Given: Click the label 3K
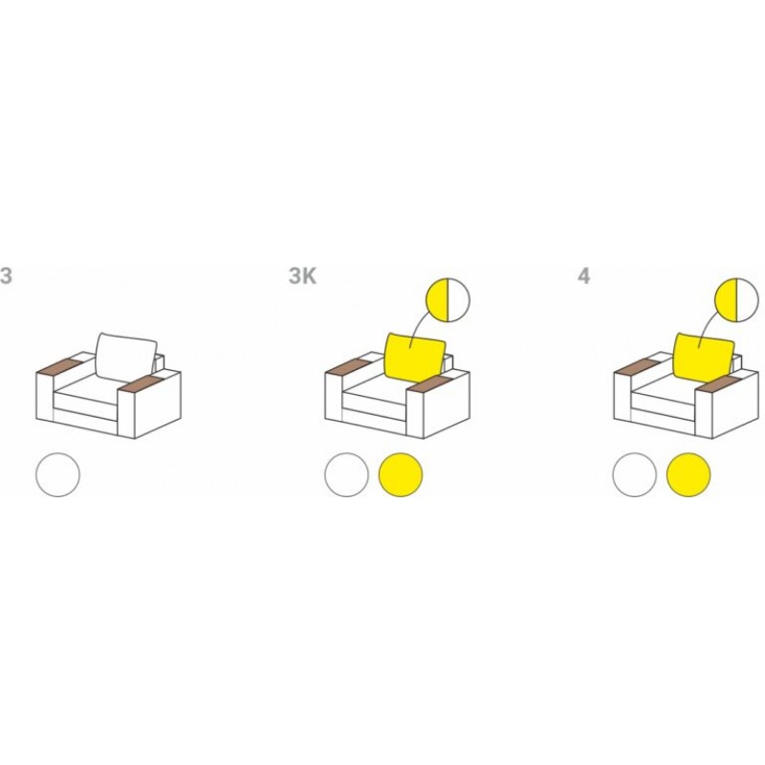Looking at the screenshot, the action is (302, 276).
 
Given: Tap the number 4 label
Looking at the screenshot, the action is (583, 276).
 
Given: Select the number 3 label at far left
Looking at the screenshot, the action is (6, 276).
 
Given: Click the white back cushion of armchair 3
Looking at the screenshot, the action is (126, 356).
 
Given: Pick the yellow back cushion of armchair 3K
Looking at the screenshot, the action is (415, 357).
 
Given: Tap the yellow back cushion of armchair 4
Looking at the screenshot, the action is (703, 357).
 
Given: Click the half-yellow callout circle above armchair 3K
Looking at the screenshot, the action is (448, 300).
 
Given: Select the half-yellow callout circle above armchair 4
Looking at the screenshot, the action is (736, 300).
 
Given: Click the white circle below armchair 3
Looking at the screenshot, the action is (57, 474).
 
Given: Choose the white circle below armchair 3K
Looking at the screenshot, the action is (346, 474).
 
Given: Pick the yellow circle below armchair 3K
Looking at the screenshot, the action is (401, 474).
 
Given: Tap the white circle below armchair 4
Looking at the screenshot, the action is (635, 474).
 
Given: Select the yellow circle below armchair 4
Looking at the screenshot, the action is (688, 474).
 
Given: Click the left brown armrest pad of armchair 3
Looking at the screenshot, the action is (59, 366).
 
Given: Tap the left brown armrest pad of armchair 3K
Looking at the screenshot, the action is (348, 366).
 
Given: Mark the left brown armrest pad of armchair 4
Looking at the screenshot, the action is (637, 366).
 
